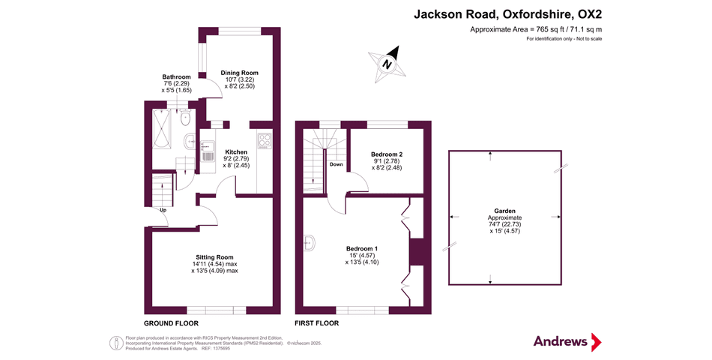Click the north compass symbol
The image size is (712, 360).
[387, 63]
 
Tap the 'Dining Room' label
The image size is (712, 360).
[239, 73]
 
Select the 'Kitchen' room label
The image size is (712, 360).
[236, 152]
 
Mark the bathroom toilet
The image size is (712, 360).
[186, 118]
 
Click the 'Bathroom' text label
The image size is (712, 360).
[177, 77]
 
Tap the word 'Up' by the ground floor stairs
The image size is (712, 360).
[163, 210]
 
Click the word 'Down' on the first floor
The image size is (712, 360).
[337, 164]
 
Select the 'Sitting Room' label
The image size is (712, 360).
[215, 257]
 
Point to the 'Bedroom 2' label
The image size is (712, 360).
[387, 154]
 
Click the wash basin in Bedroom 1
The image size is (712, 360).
[309, 241]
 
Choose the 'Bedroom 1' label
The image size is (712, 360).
[361, 248]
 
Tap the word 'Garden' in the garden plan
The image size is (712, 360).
[490, 211]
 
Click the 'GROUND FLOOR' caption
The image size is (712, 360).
[171, 323]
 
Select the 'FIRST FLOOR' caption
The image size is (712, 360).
[316, 323]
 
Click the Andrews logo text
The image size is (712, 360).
[560, 341]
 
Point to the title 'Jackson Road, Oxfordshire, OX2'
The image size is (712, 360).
[507, 13]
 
